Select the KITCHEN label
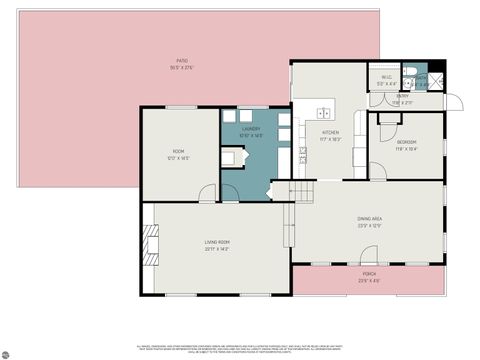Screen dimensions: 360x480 (x=330, y=132)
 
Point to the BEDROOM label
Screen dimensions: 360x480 (x=406, y=143)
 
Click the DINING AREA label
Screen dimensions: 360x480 (x=370, y=219)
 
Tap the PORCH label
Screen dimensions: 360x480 (x=369, y=273)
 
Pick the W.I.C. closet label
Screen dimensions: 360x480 (x=386, y=78)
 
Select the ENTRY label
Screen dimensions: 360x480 (x=402, y=97)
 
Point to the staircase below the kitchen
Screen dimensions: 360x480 (x=302, y=191)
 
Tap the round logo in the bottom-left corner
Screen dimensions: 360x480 (x=7, y=353)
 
